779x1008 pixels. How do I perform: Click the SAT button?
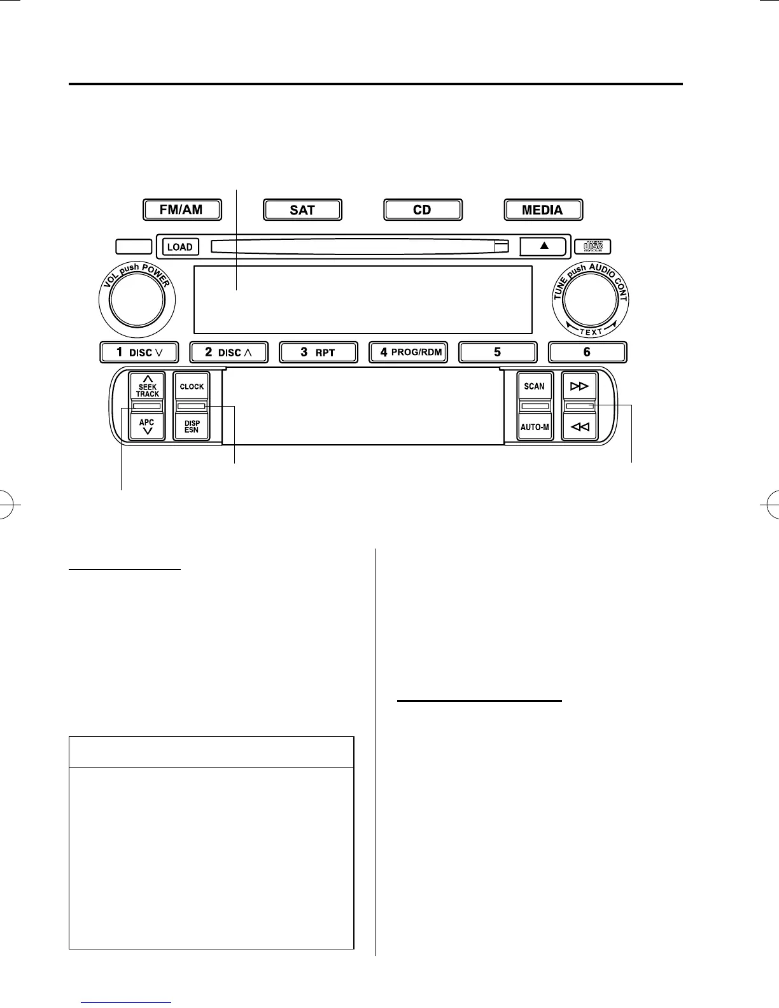point(302,210)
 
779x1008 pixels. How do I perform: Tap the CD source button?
point(423,210)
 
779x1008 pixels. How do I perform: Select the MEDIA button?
point(543,210)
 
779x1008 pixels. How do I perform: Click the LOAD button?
point(180,247)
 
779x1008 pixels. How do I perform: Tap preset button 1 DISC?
point(139,352)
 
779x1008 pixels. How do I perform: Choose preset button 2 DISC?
point(229,352)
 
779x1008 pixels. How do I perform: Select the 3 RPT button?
point(318,352)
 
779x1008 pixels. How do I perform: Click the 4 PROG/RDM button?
point(408,352)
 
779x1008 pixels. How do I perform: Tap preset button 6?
point(587,352)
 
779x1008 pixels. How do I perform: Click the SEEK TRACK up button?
point(147,386)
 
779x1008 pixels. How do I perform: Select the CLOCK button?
point(192,386)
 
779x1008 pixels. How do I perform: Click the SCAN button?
point(535,386)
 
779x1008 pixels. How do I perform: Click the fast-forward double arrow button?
point(580,386)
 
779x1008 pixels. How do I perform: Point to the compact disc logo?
point(593,247)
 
